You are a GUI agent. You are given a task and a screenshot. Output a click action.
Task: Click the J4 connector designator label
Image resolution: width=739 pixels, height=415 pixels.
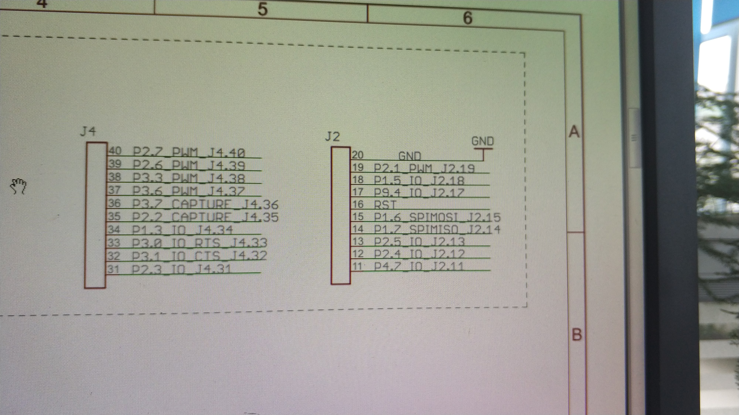coord(88,132)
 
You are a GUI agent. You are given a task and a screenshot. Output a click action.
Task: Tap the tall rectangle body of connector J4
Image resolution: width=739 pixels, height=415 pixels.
coord(96,215)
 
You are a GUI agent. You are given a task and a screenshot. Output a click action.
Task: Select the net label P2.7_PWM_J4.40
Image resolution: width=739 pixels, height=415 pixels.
coord(189,153)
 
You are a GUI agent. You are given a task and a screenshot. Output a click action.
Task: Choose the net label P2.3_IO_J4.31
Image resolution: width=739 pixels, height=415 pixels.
coord(181,269)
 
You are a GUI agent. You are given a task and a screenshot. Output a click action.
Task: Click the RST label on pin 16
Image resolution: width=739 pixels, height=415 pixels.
coord(385,205)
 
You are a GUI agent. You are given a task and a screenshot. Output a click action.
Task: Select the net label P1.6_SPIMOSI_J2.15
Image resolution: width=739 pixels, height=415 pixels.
coord(437,217)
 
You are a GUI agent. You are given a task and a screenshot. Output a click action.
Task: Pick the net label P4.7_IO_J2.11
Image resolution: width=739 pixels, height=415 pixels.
coord(419,266)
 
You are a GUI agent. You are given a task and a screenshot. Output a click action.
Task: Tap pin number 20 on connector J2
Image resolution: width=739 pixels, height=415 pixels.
coord(357,155)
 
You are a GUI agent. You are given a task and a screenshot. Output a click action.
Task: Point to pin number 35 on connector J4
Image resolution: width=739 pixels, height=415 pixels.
coord(114,216)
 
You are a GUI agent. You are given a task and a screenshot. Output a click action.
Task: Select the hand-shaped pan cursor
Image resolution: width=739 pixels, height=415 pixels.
coord(18,186)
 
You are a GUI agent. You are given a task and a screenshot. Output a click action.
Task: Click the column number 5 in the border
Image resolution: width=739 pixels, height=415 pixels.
coord(262,9)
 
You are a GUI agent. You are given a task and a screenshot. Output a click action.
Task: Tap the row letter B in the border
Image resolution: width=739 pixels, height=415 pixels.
coord(577,334)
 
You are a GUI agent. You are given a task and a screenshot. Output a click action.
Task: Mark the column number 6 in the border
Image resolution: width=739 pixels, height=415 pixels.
coord(467,18)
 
